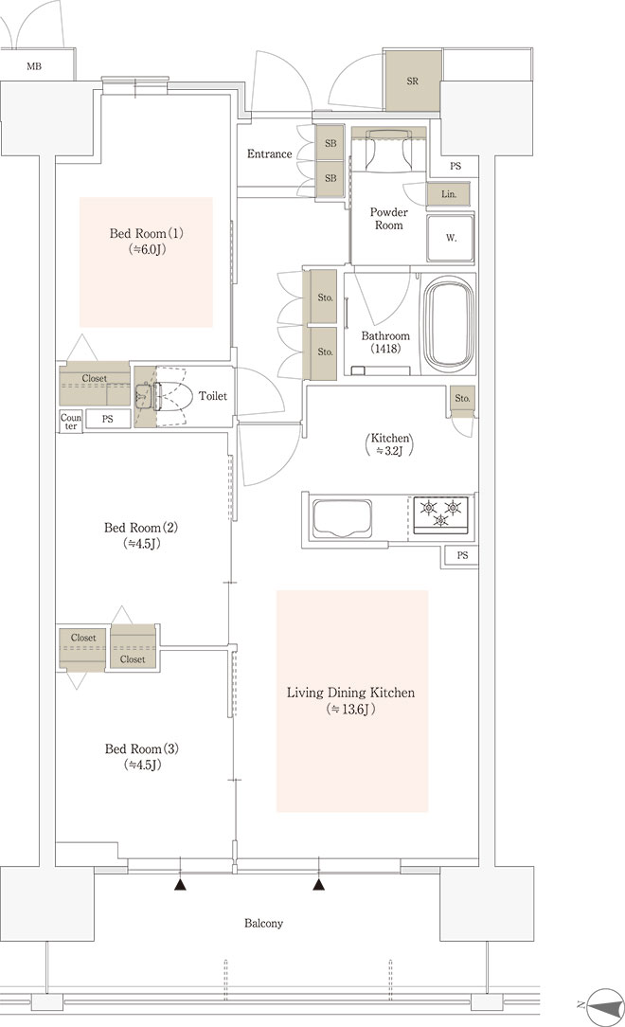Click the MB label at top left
click(34, 66)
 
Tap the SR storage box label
click(412, 81)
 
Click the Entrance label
click(269, 153)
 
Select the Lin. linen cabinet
click(448, 194)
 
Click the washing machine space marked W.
click(451, 238)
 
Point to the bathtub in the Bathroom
click(449, 325)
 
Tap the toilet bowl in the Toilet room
click(172, 396)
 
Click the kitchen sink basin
click(343, 518)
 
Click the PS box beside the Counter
click(107, 419)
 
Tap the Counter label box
click(71, 422)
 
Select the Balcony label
click(264, 923)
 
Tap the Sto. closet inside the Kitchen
click(463, 402)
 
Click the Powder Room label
click(389, 218)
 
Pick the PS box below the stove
click(462, 555)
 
